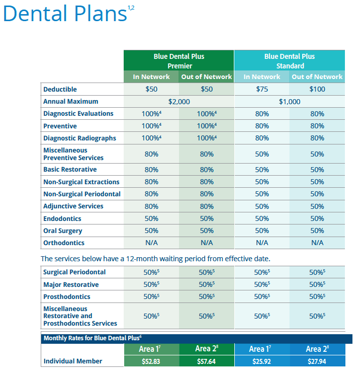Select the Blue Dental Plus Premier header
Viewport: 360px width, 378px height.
[x=179, y=61]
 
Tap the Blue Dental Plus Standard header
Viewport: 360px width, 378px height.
[x=290, y=61]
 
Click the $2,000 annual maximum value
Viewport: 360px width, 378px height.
[x=179, y=102]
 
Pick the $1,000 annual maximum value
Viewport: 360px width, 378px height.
[x=290, y=102]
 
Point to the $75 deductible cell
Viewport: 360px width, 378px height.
[x=261, y=89]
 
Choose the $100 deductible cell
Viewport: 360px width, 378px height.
[x=317, y=89]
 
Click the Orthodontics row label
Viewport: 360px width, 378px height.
[x=64, y=243]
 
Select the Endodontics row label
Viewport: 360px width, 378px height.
[x=62, y=219]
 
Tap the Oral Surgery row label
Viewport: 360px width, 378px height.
[x=63, y=231]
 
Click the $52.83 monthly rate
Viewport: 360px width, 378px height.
[x=151, y=361]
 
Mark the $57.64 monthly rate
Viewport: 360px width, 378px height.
[x=207, y=361]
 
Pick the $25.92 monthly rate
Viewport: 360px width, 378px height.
[x=261, y=361]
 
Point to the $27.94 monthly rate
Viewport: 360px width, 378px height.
[x=317, y=361]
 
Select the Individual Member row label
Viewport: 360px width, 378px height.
[x=73, y=361]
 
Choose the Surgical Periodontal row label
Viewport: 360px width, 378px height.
[x=74, y=272]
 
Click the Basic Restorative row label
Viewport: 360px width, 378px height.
[x=70, y=170]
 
